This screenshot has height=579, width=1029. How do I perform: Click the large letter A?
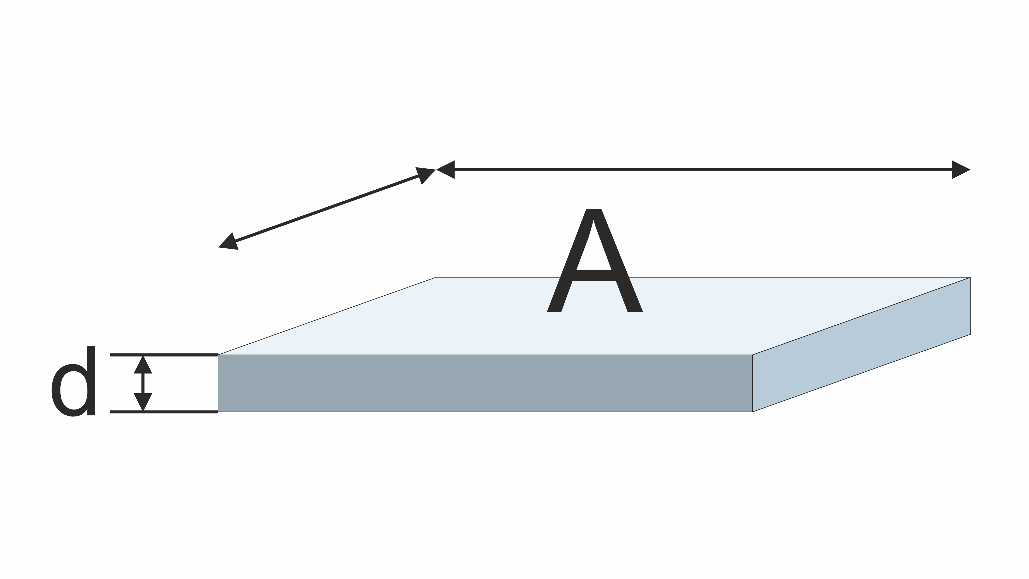point(595,262)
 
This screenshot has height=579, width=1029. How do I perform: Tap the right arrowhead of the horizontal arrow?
point(960,170)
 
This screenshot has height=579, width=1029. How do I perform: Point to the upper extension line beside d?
point(164,355)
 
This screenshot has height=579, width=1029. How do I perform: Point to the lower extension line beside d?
point(164,412)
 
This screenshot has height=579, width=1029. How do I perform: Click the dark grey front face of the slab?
point(485,383)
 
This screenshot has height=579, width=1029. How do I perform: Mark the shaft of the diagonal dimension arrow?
point(327,208)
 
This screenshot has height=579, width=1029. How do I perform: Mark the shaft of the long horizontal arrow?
point(703,170)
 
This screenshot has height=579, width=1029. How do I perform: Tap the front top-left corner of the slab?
point(218,355)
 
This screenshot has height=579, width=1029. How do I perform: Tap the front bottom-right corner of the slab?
point(752,412)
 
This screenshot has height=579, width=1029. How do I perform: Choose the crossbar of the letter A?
point(594,275)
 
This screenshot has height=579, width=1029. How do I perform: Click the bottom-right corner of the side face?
point(971,334)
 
